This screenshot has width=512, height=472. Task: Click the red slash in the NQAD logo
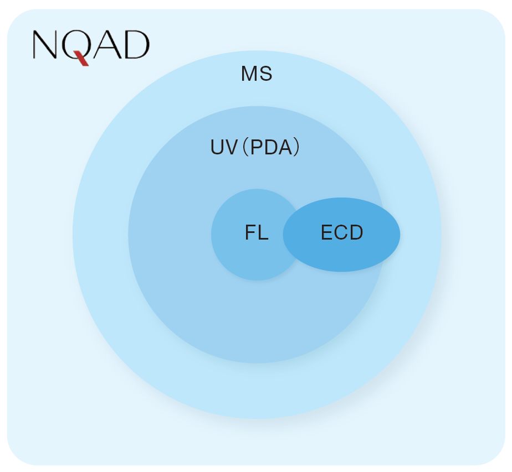(x=81, y=58)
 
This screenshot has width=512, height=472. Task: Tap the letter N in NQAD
(x=45, y=45)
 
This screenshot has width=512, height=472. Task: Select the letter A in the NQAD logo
(x=106, y=45)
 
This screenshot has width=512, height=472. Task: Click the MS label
(x=257, y=74)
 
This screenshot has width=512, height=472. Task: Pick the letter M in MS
(x=249, y=74)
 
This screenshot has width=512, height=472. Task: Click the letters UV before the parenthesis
(x=224, y=147)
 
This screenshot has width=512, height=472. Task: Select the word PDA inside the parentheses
(x=271, y=147)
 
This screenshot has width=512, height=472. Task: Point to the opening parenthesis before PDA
(x=246, y=147)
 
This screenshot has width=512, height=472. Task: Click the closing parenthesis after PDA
(x=296, y=147)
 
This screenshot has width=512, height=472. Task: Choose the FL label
(x=257, y=232)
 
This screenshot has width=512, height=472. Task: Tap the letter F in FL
(x=250, y=232)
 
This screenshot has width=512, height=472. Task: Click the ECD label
(x=342, y=232)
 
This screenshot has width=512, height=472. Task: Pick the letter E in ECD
(x=327, y=232)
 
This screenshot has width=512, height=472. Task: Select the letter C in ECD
(x=341, y=232)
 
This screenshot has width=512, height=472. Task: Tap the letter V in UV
(x=231, y=147)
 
